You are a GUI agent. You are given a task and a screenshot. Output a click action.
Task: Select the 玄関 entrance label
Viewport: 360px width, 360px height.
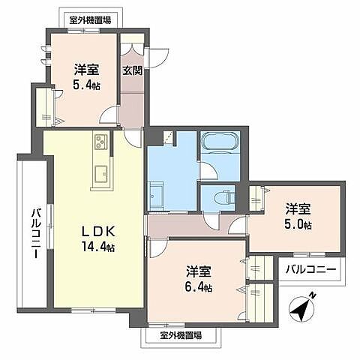coord(132,71)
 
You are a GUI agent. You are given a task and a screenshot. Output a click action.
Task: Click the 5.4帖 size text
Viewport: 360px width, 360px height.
coord(87,85)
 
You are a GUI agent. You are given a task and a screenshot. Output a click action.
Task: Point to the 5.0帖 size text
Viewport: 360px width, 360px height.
coord(298,224)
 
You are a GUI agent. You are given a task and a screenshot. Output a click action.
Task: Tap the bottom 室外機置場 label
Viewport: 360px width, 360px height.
coord(181,335)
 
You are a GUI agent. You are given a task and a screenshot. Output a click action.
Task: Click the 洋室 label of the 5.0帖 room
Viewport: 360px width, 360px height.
coord(298,209)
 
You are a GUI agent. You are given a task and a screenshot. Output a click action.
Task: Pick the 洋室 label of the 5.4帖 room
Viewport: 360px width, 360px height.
coord(86,70)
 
